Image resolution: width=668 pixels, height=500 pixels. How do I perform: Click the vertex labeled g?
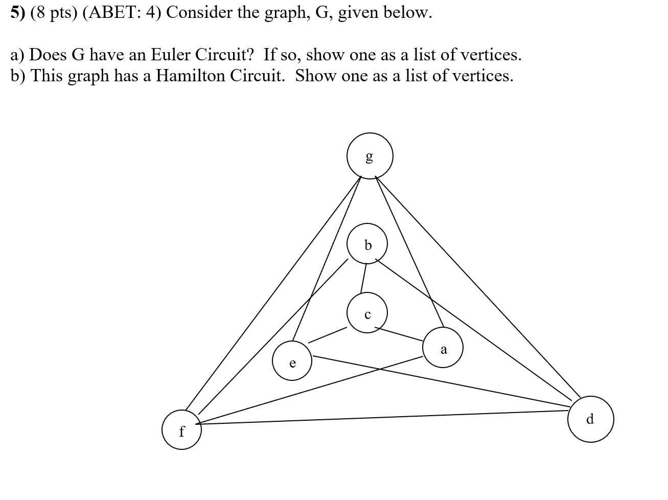point(370,156)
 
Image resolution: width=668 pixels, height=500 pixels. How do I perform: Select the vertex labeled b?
point(367,245)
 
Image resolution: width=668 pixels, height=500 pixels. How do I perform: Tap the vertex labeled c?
point(367,313)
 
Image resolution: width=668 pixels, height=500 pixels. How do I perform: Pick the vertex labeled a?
point(443,348)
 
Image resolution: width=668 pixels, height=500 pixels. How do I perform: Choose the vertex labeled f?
point(182,430)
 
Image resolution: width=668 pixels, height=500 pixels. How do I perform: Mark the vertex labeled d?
point(590,419)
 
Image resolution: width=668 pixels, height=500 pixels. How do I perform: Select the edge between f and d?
point(383,417)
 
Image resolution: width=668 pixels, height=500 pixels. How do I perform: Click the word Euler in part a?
point(171,54)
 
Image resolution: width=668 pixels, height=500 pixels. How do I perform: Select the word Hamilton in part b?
point(190,76)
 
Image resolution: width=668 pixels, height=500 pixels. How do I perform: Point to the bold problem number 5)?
point(18,12)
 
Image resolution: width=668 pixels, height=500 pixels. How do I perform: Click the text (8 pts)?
point(54,12)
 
